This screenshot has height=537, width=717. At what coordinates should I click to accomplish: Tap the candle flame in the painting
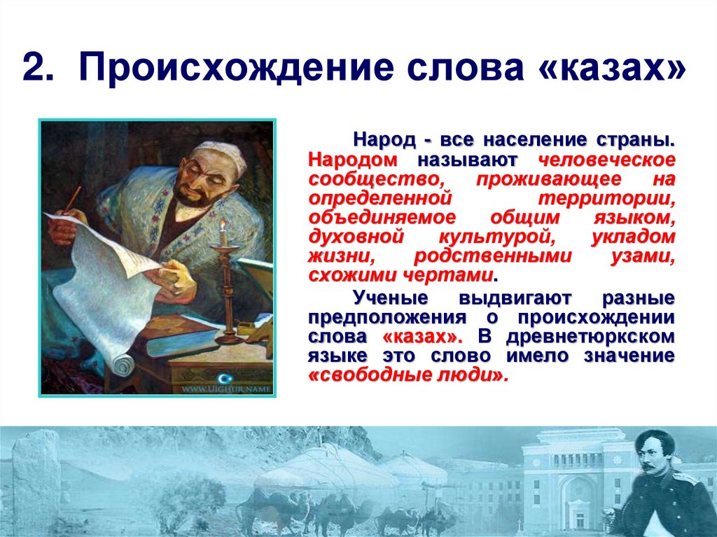[222, 225]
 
